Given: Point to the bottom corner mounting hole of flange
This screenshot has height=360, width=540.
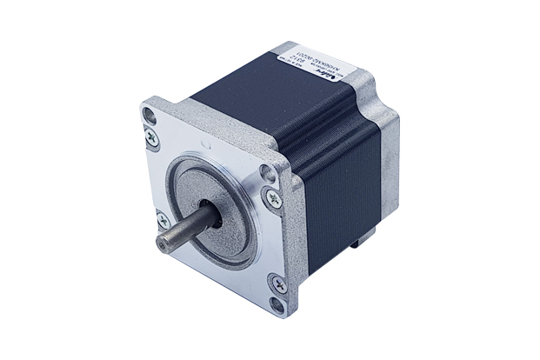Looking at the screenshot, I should pos(277,303).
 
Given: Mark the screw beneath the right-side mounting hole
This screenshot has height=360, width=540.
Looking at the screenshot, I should pos(274,199).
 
